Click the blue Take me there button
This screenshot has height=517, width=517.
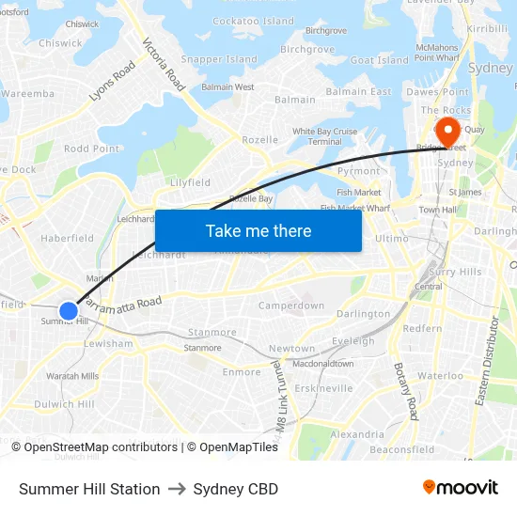[x=258, y=230]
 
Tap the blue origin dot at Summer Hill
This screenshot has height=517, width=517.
[x=68, y=310]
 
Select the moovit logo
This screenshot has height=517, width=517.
[x=460, y=488]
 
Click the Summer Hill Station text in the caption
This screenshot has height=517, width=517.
[x=89, y=489]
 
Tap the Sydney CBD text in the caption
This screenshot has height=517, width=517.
[x=235, y=489]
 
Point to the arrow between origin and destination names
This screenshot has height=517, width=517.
[x=177, y=489]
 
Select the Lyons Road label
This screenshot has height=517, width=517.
[x=112, y=82]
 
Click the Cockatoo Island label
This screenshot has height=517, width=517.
[x=254, y=21]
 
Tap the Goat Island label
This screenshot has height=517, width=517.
[x=379, y=60]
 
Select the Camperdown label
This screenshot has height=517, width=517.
[x=291, y=305]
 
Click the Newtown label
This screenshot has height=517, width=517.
[x=291, y=349]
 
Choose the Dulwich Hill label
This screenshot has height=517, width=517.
[x=64, y=404]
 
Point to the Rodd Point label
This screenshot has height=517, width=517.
[x=91, y=149]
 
